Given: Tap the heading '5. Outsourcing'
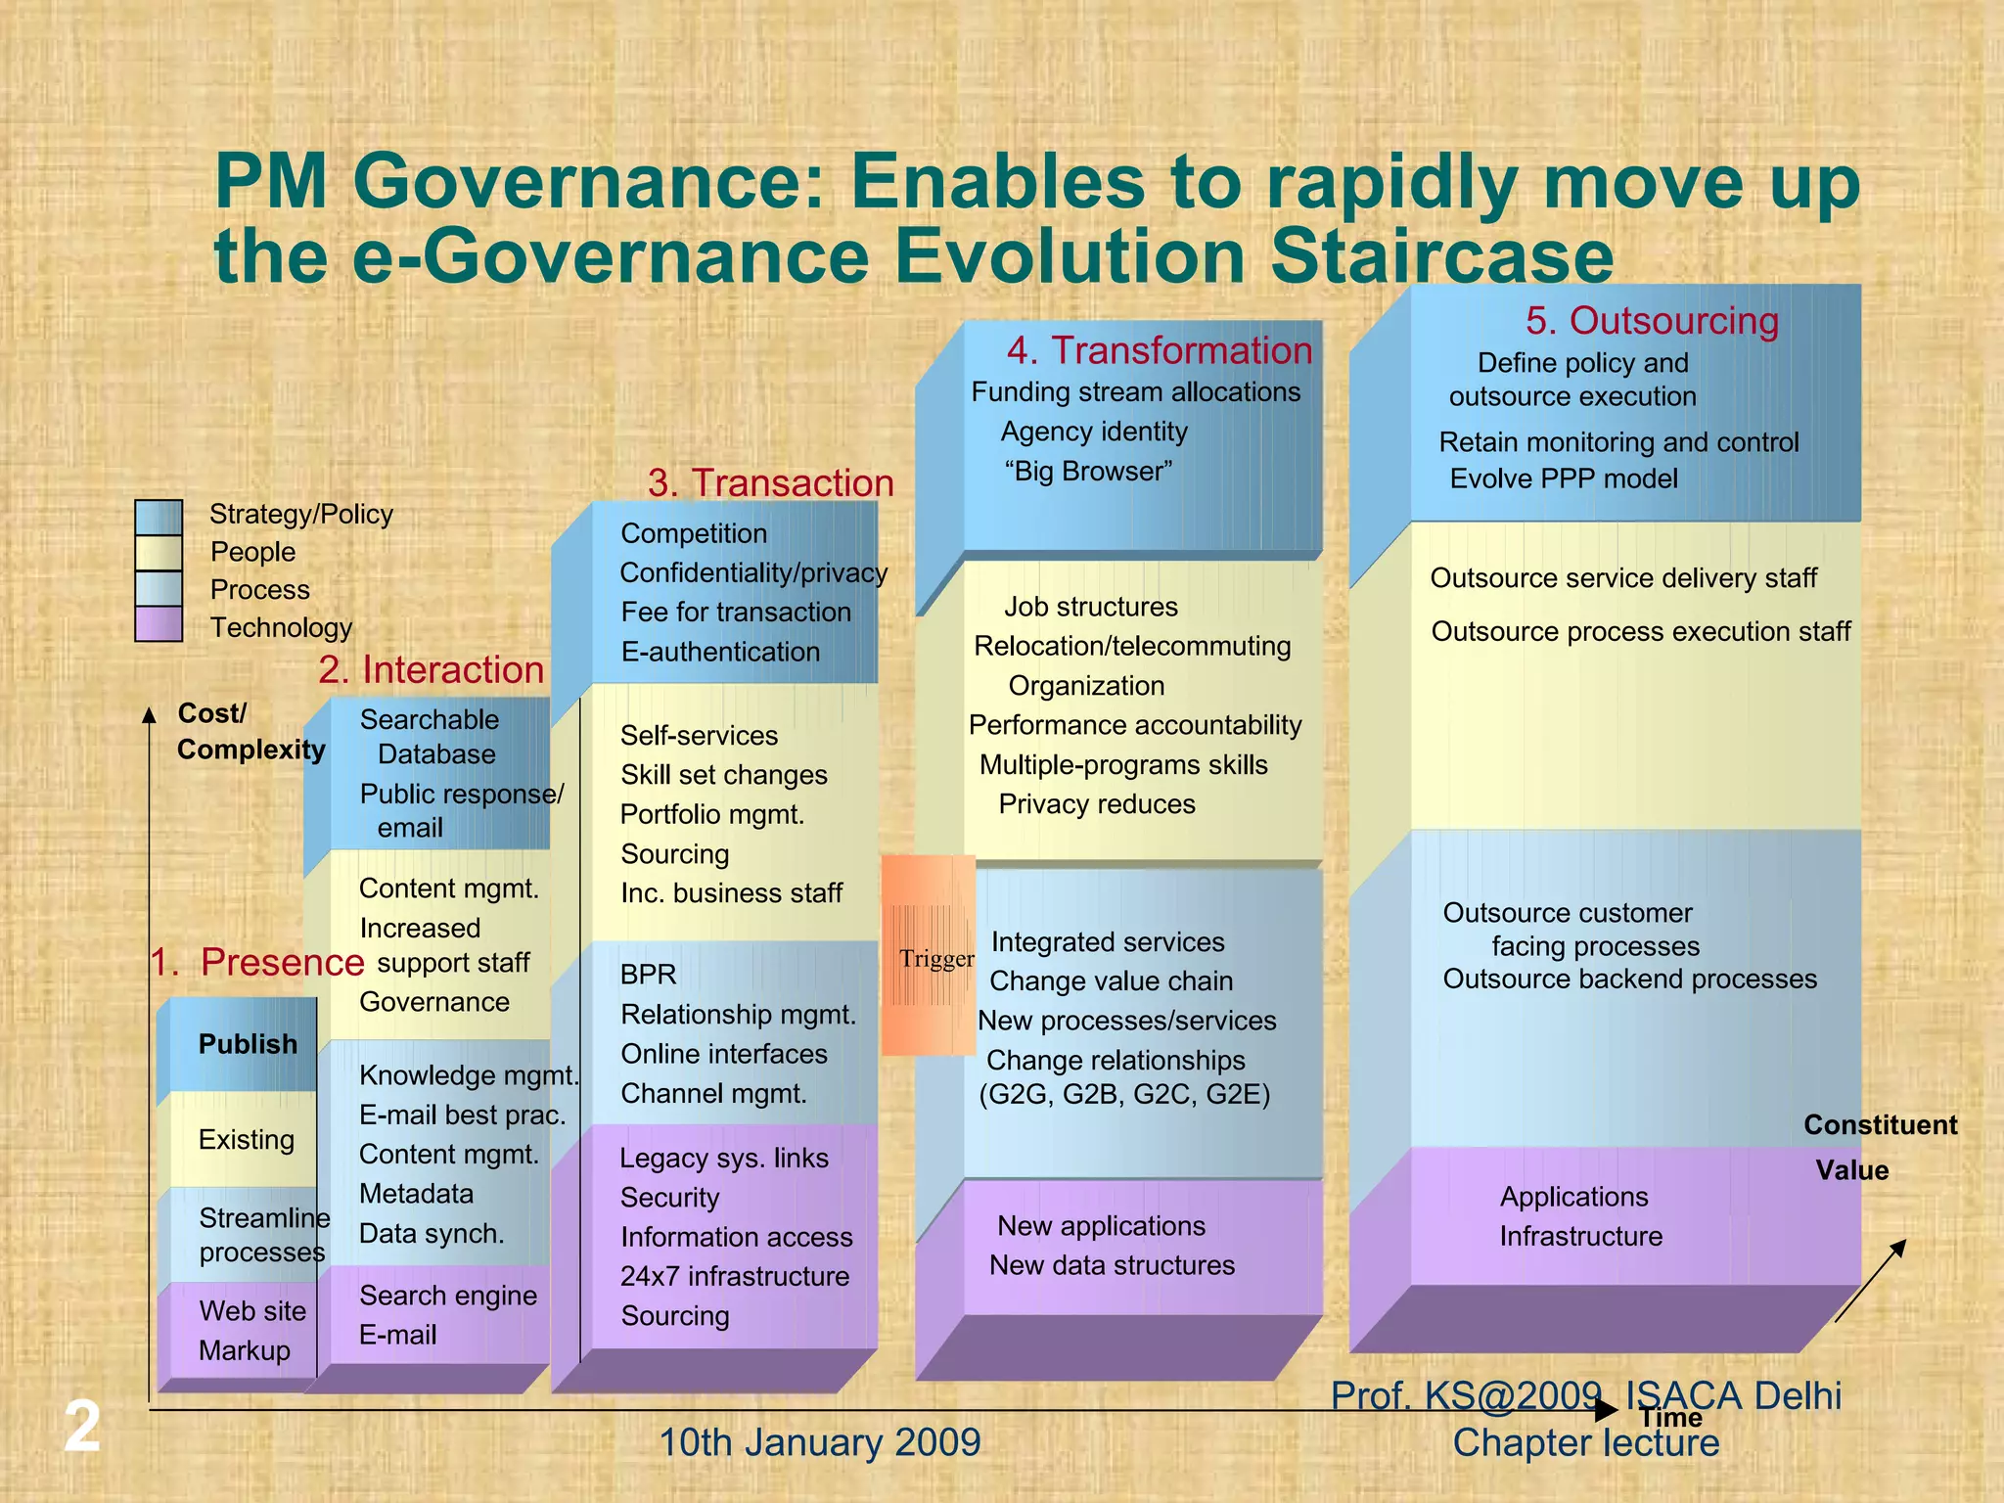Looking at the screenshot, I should point(1652,321).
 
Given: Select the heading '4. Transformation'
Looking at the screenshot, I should point(1160,350).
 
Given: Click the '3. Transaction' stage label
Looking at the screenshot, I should point(771,483).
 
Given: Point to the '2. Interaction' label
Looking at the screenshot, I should point(432,670).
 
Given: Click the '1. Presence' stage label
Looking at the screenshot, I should point(257,963).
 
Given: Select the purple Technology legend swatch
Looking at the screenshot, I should point(159,624).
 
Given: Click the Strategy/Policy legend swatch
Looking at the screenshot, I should point(159,517).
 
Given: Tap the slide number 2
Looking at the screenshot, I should point(82,1427).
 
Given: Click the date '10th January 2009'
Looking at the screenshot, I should point(819,1443).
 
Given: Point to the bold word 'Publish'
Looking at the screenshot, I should point(248,1044).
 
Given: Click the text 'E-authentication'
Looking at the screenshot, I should point(720,652).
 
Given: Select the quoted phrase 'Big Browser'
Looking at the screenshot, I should point(1088,472).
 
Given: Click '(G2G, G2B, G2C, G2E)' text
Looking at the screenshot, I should point(1124,1094).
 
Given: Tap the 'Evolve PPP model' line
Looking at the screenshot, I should point(1563,478).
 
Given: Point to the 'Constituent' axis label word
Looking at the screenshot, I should point(1880,1125).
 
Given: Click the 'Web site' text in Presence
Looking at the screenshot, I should point(252,1311).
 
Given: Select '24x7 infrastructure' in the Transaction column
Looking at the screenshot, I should point(735,1277).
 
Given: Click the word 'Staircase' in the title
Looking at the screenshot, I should point(1441,256).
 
